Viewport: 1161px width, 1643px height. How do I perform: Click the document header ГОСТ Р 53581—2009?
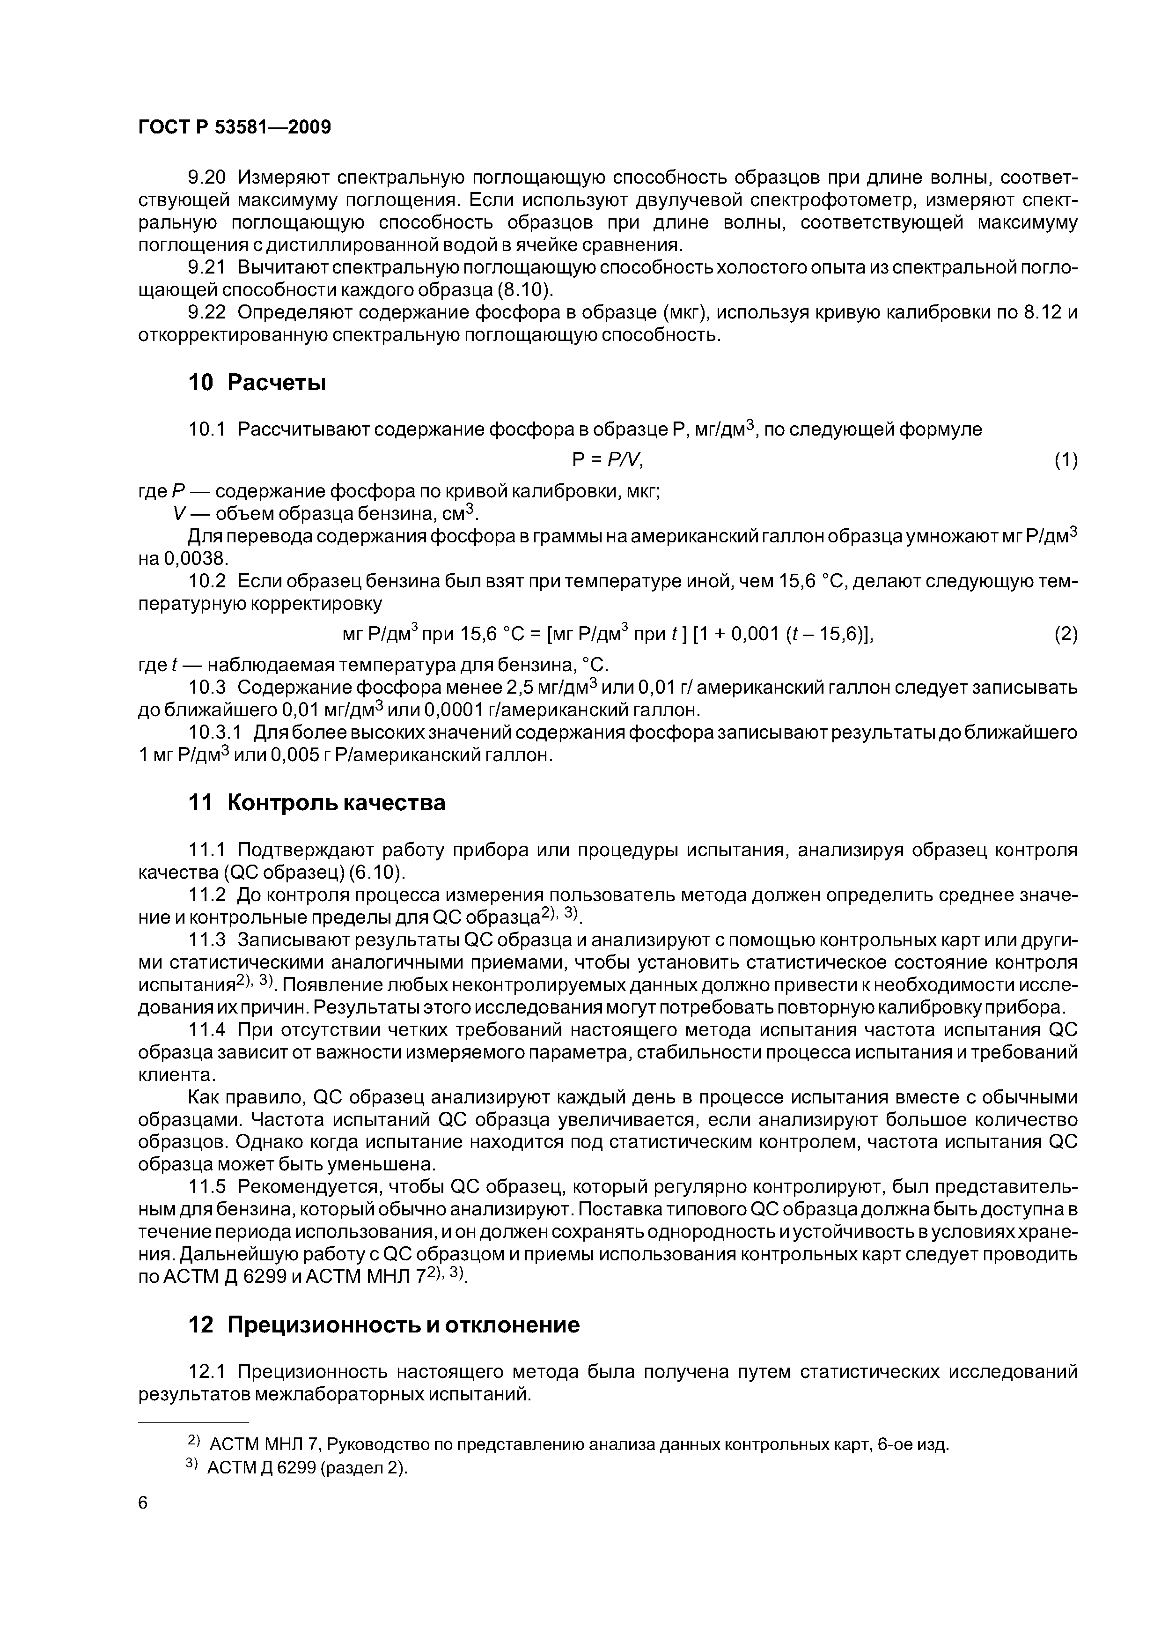click(x=234, y=127)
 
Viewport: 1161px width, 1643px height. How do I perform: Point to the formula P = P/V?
click(x=608, y=460)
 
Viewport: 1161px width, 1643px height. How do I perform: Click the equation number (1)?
click(x=1066, y=460)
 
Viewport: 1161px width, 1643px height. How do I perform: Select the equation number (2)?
click(x=1066, y=634)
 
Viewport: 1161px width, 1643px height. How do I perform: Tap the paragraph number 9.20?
click(x=206, y=178)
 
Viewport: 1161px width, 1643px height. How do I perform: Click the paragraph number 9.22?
click(x=206, y=313)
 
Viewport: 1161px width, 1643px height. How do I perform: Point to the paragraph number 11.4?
click(x=206, y=1030)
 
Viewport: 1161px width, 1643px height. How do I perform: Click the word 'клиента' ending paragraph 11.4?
click(x=175, y=1075)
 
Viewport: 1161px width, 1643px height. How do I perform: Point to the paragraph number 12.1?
click(x=206, y=1372)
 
